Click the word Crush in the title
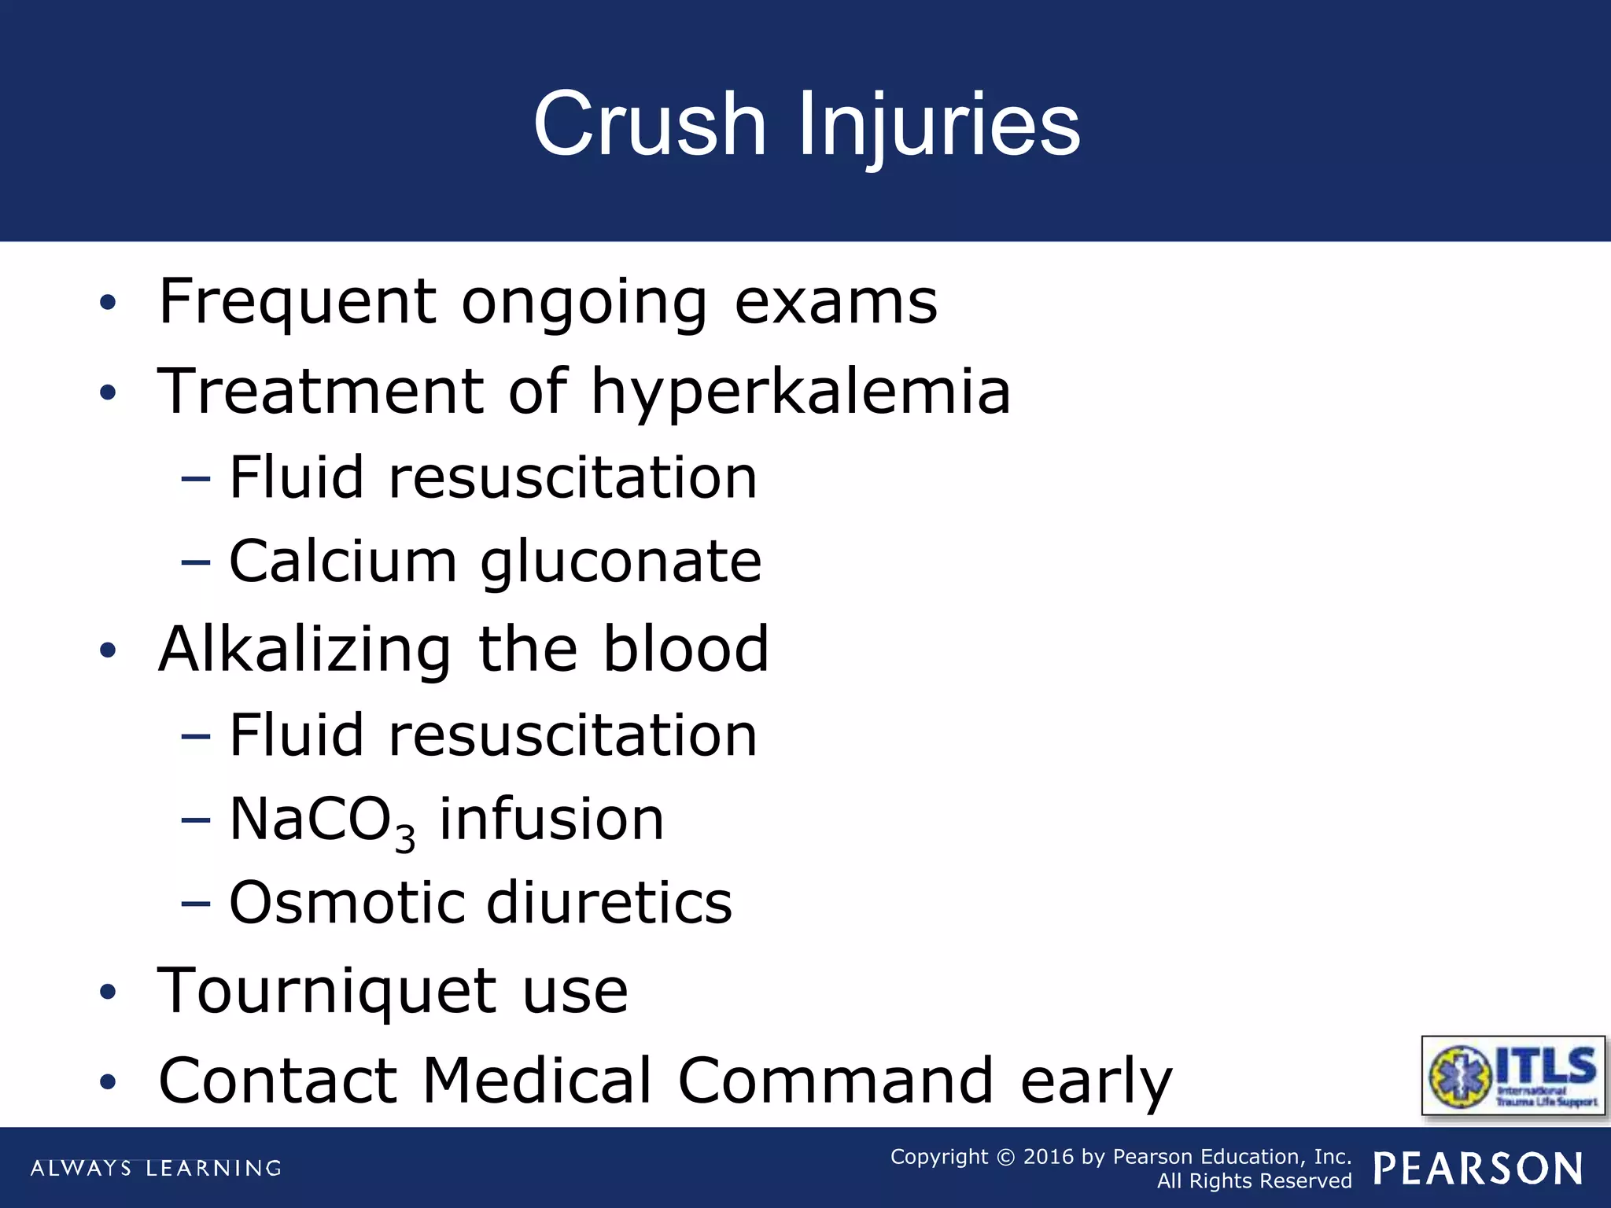tap(650, 124)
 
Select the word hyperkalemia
tap(800, 392)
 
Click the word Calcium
tap(343, 562)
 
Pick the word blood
tap(686, 650)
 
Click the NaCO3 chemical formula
tap(322, 821)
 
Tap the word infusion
tap(551, 819)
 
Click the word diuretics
tap(610, 902)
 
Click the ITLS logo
tap(1513, 1075)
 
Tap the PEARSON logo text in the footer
tap(1478, 1169)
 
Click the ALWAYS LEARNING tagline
tap(156, 1168)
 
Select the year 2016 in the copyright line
tap(1048, 1157)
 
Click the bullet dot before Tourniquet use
tap(108, 993)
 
